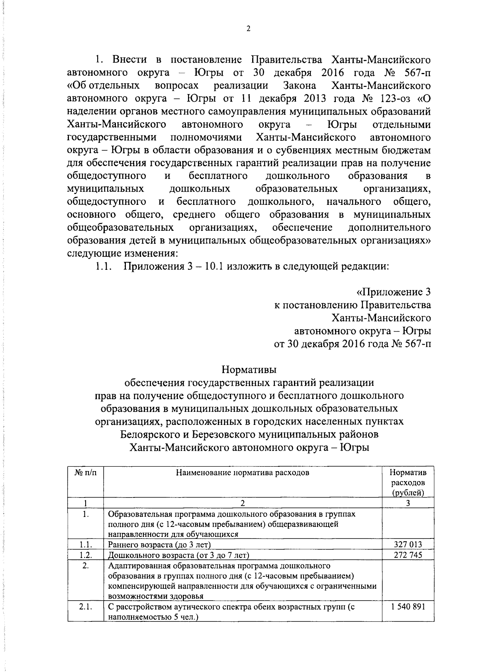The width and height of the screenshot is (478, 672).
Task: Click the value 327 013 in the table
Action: (408, 544)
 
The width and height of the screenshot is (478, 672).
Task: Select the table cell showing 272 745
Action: (408, 555)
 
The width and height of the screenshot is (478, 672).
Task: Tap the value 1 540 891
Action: (408, 607)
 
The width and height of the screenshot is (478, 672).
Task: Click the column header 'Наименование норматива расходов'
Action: (242, 473)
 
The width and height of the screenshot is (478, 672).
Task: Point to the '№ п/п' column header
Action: (85, 473)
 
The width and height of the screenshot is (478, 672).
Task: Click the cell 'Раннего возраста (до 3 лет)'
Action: (159, 544)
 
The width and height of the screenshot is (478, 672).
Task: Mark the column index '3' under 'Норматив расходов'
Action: (408, 503)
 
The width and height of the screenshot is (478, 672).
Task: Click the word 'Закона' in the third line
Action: (300, 86)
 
